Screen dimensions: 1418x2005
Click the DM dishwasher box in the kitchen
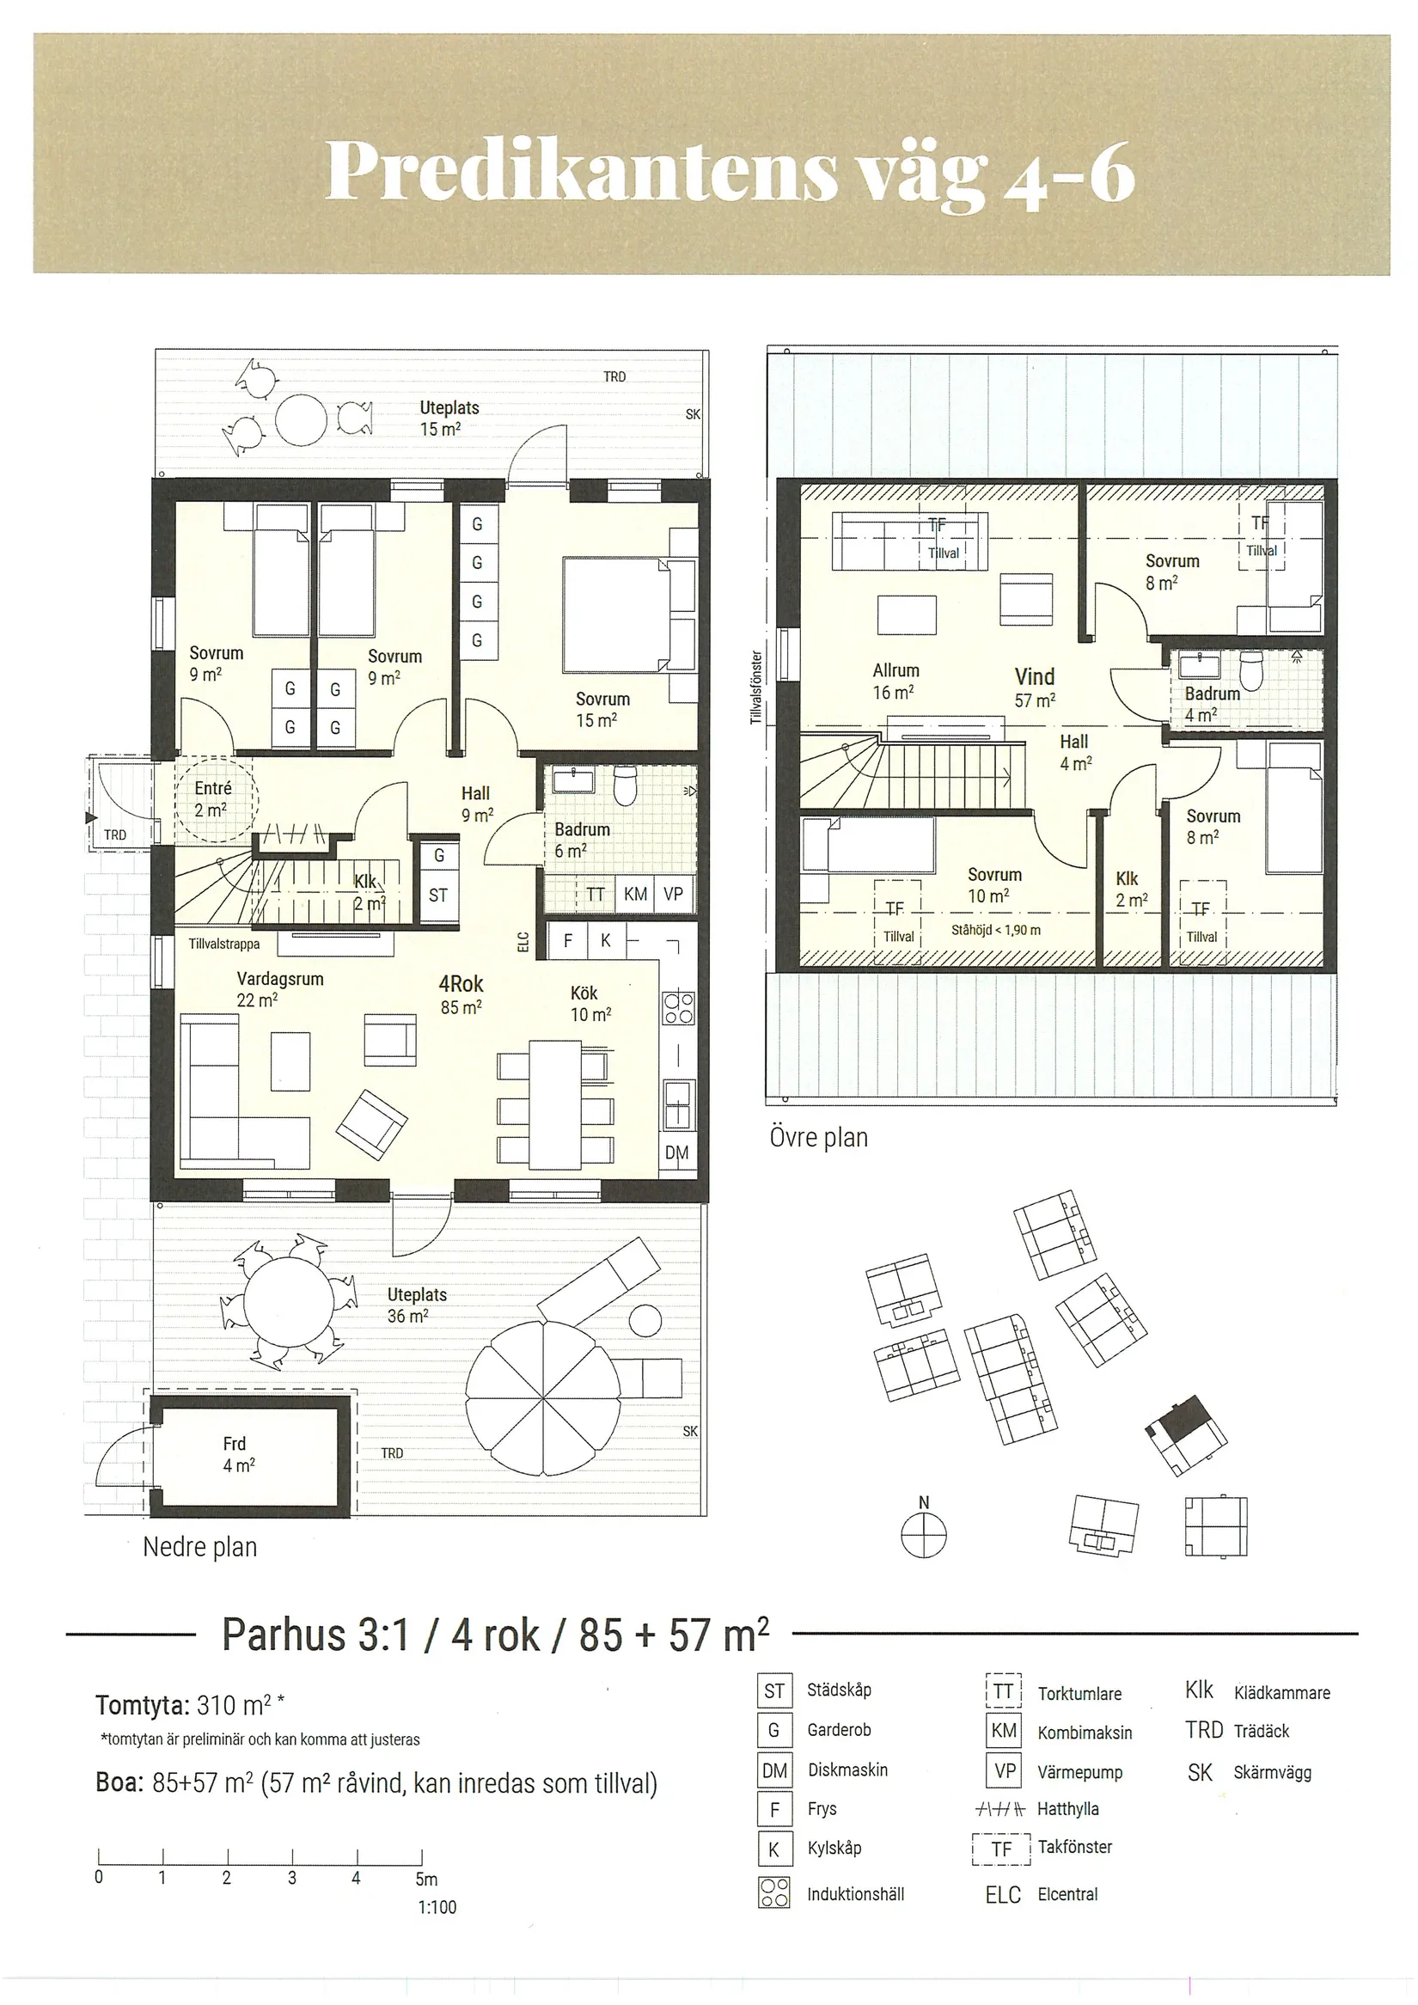pyautogui.click(x=676, y=1152)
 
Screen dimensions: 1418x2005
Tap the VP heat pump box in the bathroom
pyautogui.click(x=673, y=893)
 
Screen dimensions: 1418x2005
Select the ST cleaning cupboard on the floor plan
pyautogui.click(x=438, y=896)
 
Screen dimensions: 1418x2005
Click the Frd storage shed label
pyautogui.click(x=237, y=1454)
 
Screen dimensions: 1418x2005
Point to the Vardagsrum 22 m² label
pyautogui.click(x=279, y=989)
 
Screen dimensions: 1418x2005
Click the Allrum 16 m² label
pyautogui.click(x=895, y=682)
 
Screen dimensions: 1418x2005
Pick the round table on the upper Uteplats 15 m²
pyautogui.click(x=301, y=421)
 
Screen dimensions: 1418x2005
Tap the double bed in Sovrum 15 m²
pyautogui.click(x=629, y=614)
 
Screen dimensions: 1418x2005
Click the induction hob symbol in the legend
pyautogui.click(x=774, y=1892)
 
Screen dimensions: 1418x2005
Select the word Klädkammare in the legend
pyautogui.click(x=1282, y=1693)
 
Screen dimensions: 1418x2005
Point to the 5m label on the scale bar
pyautogui.click(x=426, y=1879)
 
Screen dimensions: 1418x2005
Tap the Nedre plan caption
pyautogui.click(x=200, y=1548)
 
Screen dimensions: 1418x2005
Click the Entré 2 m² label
pyautogui.click(x=212, y=799)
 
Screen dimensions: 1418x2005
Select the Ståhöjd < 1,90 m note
pyautogui.click(x=995, y=930)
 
